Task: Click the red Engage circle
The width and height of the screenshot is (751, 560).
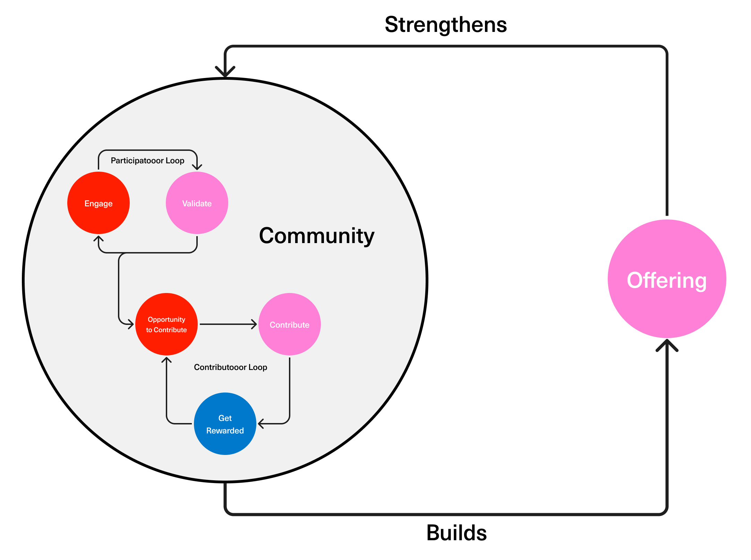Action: tap(99, 203)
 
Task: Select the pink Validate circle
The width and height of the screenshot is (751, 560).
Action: tap(197, 203)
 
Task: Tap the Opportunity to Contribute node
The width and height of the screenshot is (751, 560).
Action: tap(167, 324)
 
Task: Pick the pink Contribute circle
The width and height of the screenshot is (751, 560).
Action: tap(289, 324)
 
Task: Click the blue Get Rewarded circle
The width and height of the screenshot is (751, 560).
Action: tap(225, 424)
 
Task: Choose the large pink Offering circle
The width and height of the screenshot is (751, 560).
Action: tap(667, 279)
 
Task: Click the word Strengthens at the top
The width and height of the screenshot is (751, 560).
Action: tap(446, 25)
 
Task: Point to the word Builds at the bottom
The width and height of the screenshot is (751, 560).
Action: tap(456, 533)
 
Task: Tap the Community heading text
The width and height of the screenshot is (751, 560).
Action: tap(317, 236)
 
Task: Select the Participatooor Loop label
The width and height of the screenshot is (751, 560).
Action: tap(147, 161)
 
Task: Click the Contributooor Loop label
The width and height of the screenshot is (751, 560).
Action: tap(230, 367)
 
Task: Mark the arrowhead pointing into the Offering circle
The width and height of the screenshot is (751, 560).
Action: tap(667, 345)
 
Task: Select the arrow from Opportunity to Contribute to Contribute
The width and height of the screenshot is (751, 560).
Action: tap(228, 324)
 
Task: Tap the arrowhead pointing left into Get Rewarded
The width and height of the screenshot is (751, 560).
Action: tap(262, 424)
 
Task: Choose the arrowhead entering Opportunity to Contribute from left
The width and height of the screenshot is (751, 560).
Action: tap(131, 324)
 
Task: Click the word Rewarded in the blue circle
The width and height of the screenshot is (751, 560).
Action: tap(225, 431)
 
